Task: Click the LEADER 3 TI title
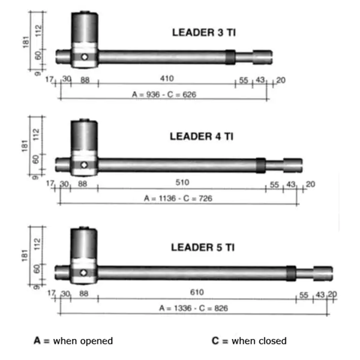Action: pyautogui.click(x=204, y=32)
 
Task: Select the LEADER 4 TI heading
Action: pyautogui.click(x=202, y=137)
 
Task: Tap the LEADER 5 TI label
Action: pyautogui.click(x=203, y=247)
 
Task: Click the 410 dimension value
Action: pyautogui.click(x=167, y=79)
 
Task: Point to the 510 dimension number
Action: pyautogui.click(x=182, y=182)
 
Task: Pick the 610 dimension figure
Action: pyautogui.click(x=197, y=292)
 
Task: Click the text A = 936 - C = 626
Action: pyautogui.click(x=164, y=94)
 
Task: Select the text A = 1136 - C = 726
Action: pyautogui.click(x=178, y=198)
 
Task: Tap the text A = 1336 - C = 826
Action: pyautogui.click(x=194, y=308)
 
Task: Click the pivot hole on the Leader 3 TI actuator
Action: pyautogui.click(x=85, y=57)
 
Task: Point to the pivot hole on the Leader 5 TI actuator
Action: pyautogui.click(x=83, y=273)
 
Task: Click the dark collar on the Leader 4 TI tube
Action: pyautogui.click(x=261, y=166)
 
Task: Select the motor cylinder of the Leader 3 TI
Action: pyautogui.click(x=85, y=28)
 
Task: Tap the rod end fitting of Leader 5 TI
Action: pyautogui.click(x=323, y=274)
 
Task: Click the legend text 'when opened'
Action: pyautogui.click(x=83, y=341)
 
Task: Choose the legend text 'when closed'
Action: pyautogui.click(x=259, y=341)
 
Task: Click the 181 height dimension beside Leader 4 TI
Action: pyautogui.click(x=25, y=146)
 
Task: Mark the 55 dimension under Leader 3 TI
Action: pyautogui.click(x=244, y=80)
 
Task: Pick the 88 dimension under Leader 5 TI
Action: pyautogui.click(x=83, y=293)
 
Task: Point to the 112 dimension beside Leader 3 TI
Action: pyautogui.click(x=38, y=31)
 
